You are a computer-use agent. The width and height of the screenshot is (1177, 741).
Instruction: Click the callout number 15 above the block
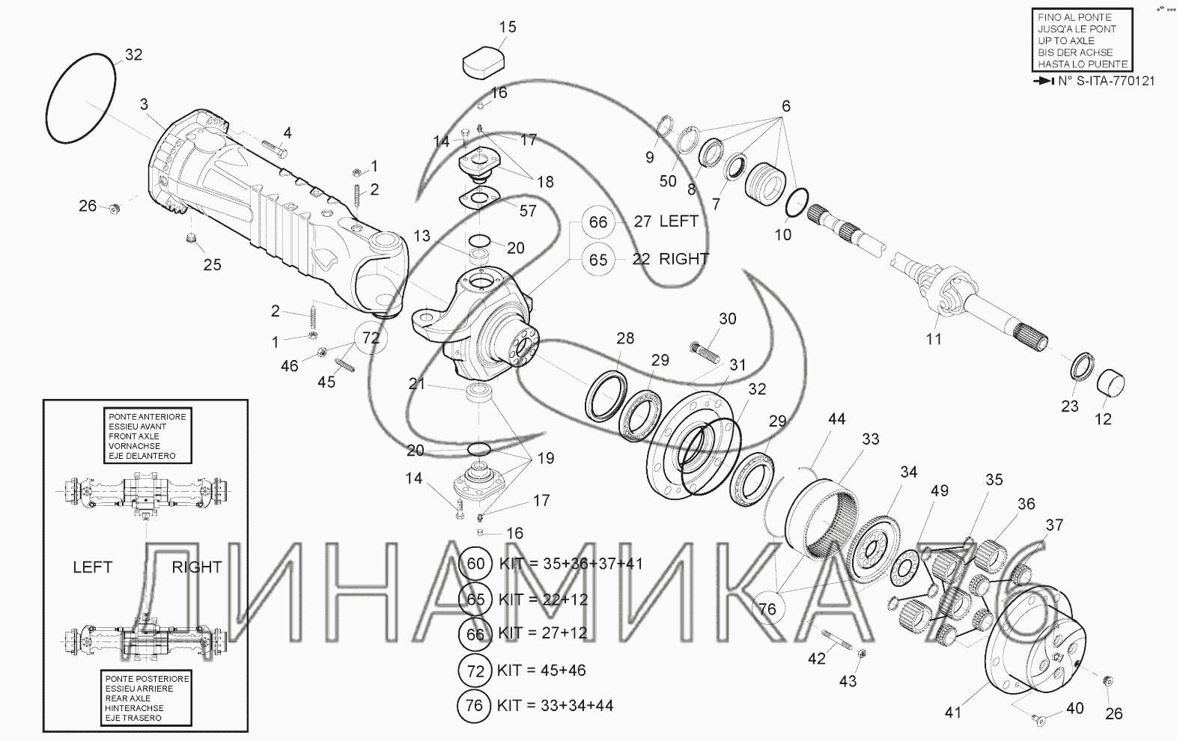pyautogui.click(x=508, y=27)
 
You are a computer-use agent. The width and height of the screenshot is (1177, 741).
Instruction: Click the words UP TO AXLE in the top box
pyautogui.click(x=1066, y=41)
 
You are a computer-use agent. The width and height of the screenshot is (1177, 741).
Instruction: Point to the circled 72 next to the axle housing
pyautogui.click(x=371, y=338)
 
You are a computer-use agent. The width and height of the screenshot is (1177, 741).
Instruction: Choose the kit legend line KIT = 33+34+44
pyautogui.click(x=556, y=705)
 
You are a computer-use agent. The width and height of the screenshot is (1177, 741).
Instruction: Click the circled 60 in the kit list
pyautogui.click(x=475, y=564)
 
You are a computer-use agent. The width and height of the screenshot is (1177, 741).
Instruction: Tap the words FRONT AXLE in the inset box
pyautogui.click(x=134, y=436)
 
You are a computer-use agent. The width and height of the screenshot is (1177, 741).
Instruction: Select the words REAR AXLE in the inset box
pyautogui.click(x=128, y=698)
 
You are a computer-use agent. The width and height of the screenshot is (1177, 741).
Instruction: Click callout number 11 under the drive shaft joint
pyautogui.click(x=934, y=339)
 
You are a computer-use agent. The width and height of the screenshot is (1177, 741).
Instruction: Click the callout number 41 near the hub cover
pyautogui.click(x=952, y=712)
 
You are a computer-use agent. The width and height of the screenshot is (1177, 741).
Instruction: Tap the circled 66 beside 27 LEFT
pyautogui.click(x=598, y=222)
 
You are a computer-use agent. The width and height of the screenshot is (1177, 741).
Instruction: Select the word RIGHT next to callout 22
pyautogui.click(x=684, y=259)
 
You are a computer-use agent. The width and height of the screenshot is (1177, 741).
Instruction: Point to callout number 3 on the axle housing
pyautogui.click(x=144, y=104)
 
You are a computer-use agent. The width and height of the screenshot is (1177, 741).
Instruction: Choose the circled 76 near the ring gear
pyautogui.click(x=767, y=609)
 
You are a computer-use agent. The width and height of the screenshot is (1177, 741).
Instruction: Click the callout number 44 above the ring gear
pyautogui.click(x=836, y=419)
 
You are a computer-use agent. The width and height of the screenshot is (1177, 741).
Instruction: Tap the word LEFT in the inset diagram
pyautogui.click(x=93, y=567)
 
